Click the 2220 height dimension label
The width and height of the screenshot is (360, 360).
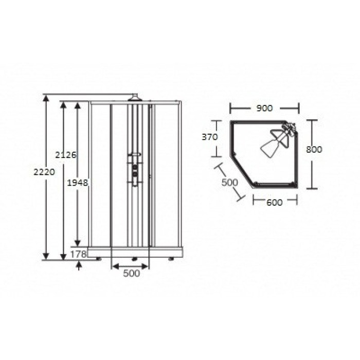44,172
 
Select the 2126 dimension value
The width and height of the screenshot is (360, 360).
66,155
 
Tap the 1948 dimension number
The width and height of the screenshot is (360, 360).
78,183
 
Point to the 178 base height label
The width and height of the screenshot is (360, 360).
79,254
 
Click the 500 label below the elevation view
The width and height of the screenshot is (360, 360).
131,273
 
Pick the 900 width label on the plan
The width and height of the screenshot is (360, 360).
264,108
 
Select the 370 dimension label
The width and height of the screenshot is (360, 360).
210,137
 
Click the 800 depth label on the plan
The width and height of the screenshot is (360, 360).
314,150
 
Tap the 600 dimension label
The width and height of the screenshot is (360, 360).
275,202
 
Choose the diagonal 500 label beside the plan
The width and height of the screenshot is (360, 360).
229,183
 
